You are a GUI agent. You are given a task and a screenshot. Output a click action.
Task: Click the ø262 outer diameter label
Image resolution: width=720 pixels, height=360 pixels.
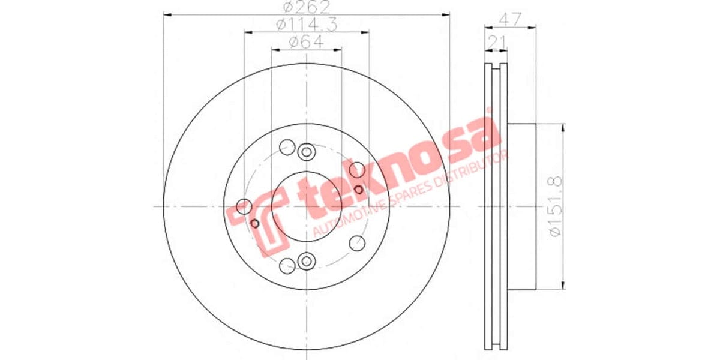(306, 8)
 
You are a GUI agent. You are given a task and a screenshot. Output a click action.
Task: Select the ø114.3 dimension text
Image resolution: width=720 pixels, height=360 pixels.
(306, 25)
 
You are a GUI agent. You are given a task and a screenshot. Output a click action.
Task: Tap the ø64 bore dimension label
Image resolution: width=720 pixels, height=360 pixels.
(306, 42)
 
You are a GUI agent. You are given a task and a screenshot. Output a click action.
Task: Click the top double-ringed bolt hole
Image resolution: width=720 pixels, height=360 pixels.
(307, 152)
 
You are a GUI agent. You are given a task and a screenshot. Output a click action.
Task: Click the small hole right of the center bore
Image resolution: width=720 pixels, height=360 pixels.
(359, 190)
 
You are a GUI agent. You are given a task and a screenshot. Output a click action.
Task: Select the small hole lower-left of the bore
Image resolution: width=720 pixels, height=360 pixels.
(254, 224)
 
